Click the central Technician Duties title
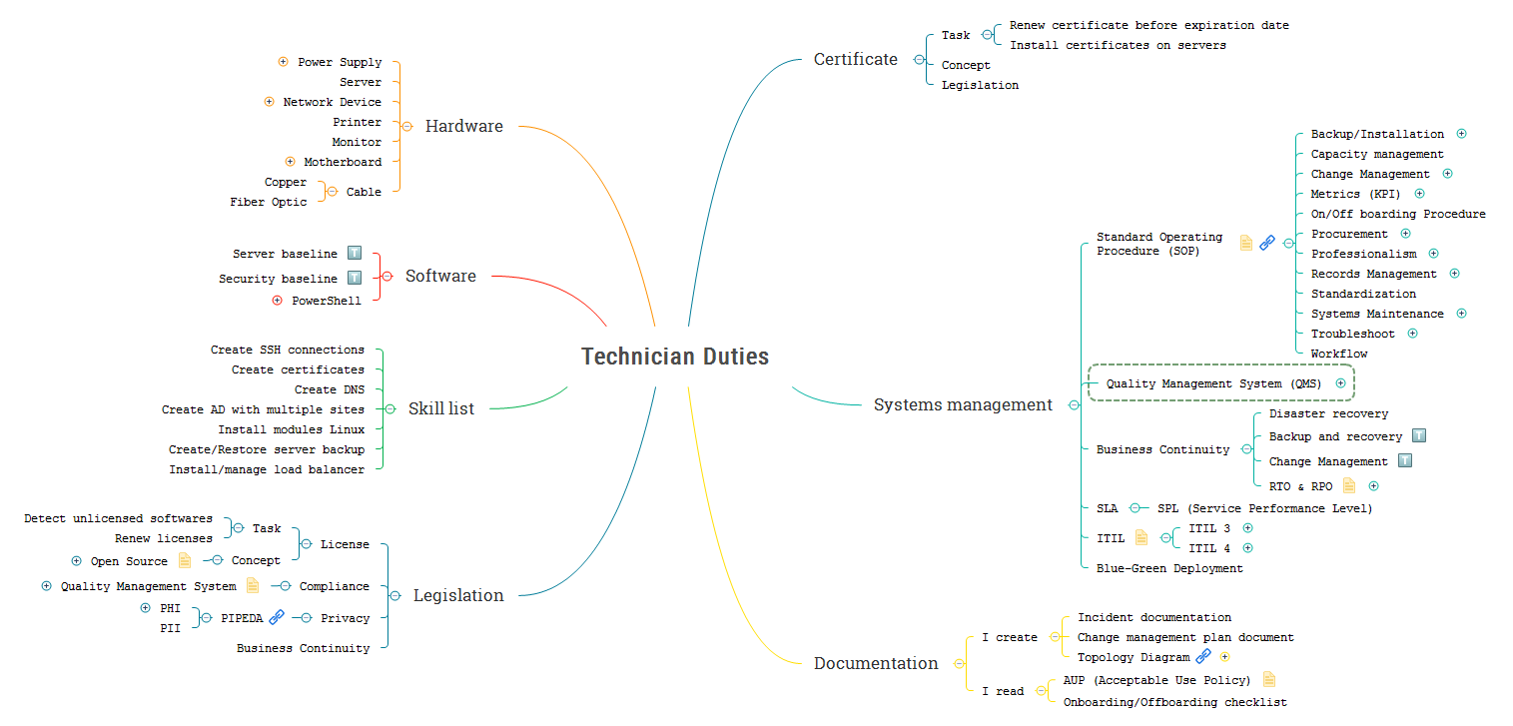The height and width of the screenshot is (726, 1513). [x=675, y=357]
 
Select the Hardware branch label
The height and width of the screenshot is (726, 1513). [x=463, y=126]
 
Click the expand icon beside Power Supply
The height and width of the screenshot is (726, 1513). [x=284, y=62]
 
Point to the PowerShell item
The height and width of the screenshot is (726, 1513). [x=326, y=301]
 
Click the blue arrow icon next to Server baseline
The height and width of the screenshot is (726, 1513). [x=355, y=254]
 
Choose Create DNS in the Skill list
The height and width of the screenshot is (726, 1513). [x=329, y=389]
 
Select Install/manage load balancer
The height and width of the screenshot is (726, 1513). [x=267, y=469]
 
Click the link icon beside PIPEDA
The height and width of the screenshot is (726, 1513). [x=277, y=617]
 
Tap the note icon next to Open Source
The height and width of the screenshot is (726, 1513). [x=185, y=560]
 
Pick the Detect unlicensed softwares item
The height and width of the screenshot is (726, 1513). [x=118, y=518]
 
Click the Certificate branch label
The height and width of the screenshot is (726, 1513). [x=855, y=59]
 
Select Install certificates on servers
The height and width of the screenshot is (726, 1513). [x=1118, y=45]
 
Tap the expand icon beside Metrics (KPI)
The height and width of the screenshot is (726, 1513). [x=1420, y=194]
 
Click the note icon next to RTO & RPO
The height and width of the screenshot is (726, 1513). [x=1350, y=485]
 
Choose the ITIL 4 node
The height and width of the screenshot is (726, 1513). [x=1209, y=548]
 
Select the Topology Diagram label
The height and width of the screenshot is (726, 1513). [x=1133, y=657]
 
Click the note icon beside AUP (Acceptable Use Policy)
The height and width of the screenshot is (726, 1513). [x=1269, y=680]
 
